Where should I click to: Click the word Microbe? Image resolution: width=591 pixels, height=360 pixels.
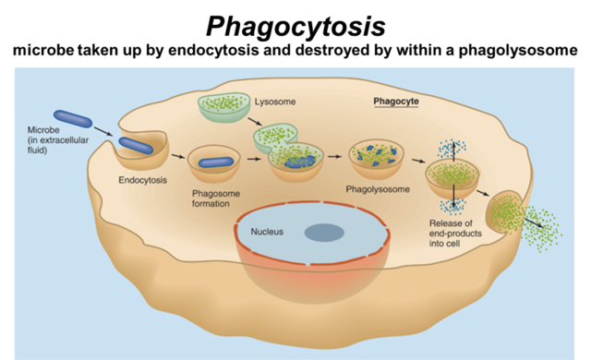tap(42, 131)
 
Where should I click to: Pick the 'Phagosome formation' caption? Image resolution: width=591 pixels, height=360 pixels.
tap(213, 198)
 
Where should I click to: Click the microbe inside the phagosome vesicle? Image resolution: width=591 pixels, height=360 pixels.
tap(213, 162)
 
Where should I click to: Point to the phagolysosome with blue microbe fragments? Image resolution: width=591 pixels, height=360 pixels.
tap(375, 157)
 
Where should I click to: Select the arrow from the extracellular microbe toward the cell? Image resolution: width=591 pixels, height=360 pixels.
tap(104, 131)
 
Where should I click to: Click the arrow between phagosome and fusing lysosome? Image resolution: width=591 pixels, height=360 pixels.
tap(253, 160)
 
